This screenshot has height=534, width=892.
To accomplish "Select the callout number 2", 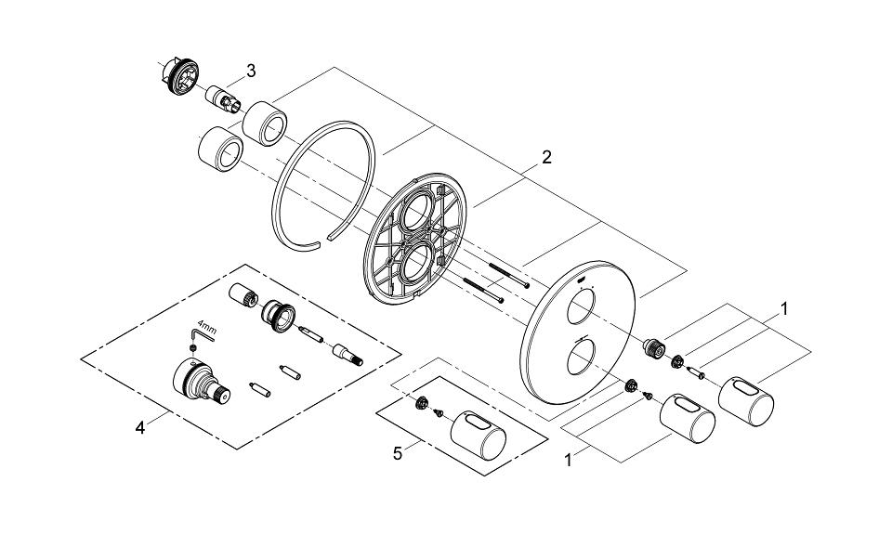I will pos(546,157).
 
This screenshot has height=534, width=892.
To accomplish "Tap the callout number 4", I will pos(139,427).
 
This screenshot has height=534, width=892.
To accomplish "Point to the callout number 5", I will pos(397,453).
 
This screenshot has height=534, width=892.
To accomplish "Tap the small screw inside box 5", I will pos(440,414).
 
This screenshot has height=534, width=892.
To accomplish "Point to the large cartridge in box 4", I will pos(198,384).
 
